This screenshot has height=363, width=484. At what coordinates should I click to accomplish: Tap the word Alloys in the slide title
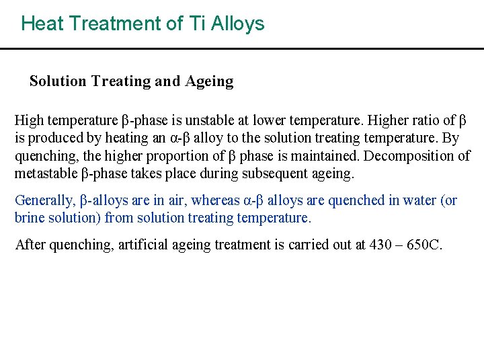pos(237,24)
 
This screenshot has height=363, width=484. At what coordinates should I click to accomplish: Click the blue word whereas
pos(216,200)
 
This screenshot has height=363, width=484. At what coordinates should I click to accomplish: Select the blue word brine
pos(30,218)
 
